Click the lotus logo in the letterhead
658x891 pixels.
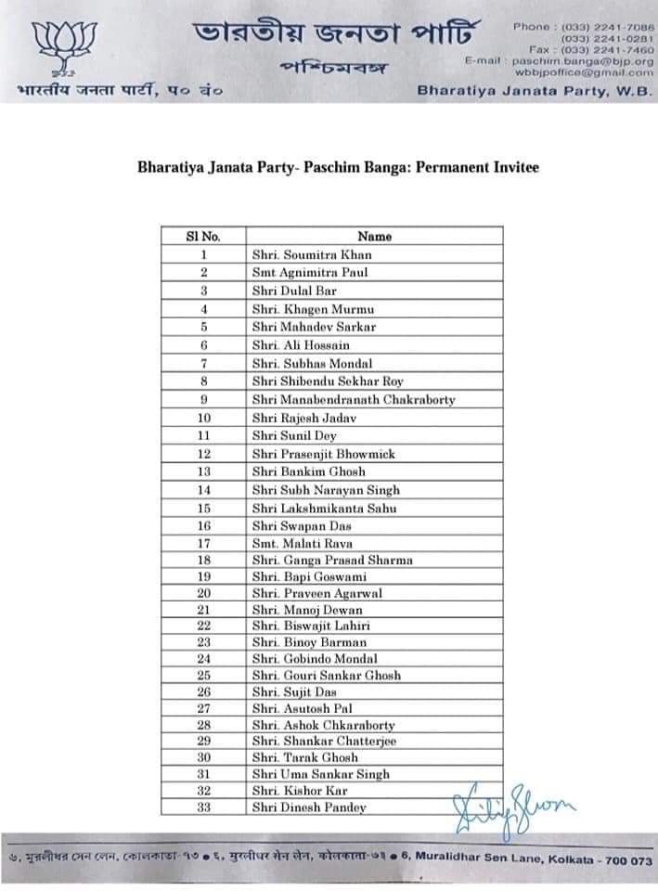click(x=52, y=46)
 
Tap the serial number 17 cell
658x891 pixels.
click(x=204, y=544)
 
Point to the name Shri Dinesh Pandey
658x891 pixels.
click(x=309, y=807)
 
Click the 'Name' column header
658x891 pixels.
click(x=375, y=236)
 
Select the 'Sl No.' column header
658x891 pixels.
click(x=203, y=236)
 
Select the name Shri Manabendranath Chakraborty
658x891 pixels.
click(x=354, y=400)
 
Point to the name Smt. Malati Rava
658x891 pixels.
click(x=303, y=544)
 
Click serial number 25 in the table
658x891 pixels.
click(x=204, y=676)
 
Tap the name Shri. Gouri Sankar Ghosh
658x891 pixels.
click(x=327, y=676)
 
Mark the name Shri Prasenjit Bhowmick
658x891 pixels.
click(x=324, y=454)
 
